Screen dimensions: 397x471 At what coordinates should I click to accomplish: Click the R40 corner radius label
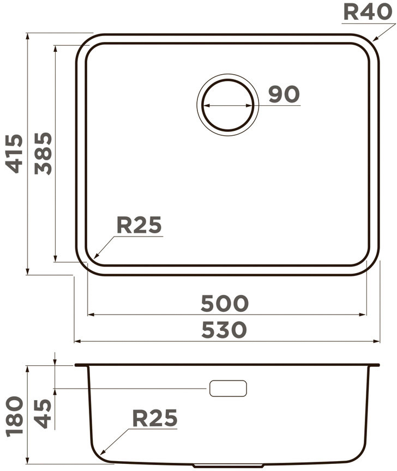coord(368,12)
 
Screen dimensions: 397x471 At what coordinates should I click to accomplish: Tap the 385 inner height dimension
coord(43,154)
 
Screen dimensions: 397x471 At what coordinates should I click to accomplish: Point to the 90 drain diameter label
coord(284,94)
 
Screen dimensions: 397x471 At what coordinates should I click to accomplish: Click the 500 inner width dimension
coord(225,304)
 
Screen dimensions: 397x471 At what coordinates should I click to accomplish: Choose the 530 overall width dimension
coord(224,330)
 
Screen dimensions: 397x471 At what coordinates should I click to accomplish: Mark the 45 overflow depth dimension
coord(43,414)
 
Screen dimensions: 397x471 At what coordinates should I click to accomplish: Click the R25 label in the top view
coord(139,225)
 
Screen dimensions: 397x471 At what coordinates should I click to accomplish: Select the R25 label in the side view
coord(155,418)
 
